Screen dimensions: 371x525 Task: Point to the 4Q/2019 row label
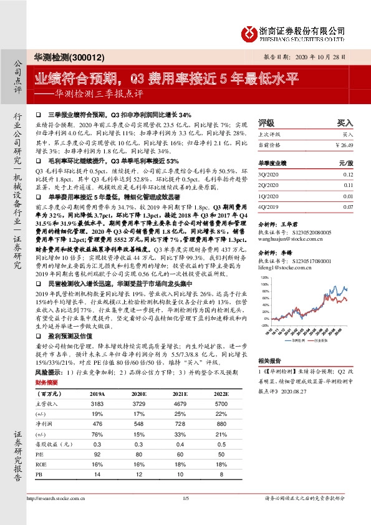(268, 206)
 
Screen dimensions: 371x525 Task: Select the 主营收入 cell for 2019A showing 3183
(97, 404)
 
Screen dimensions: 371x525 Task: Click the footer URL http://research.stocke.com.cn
(57, 499)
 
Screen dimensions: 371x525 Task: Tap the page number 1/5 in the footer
(185, 499)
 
